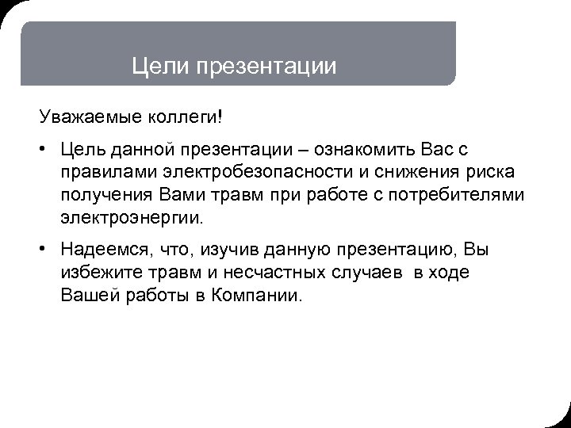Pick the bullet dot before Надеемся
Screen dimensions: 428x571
point(44,251)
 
